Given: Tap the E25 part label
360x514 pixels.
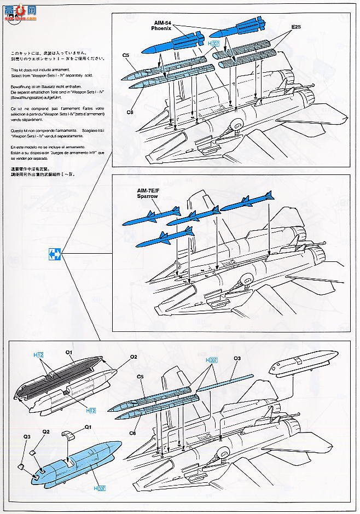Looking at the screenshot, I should click(296, 26).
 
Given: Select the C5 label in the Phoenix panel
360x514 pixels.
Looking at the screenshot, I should click(125, 55).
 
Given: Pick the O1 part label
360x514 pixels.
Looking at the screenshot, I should click(69, 353).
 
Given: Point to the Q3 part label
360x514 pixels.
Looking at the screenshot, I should click(26, 436).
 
